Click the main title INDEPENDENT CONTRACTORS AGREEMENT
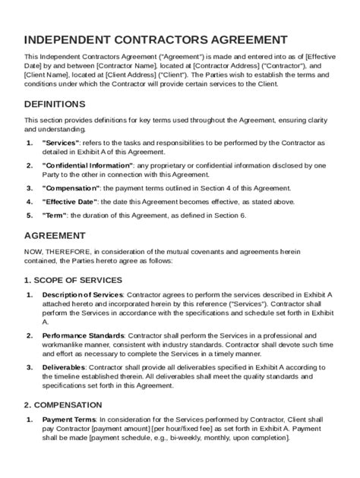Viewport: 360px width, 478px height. (x=156, y=39)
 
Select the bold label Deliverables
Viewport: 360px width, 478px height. (x=64, y=366)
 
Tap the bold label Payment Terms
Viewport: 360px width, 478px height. (x=69, y=420)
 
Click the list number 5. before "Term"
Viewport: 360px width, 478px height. (x=29, y=215)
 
